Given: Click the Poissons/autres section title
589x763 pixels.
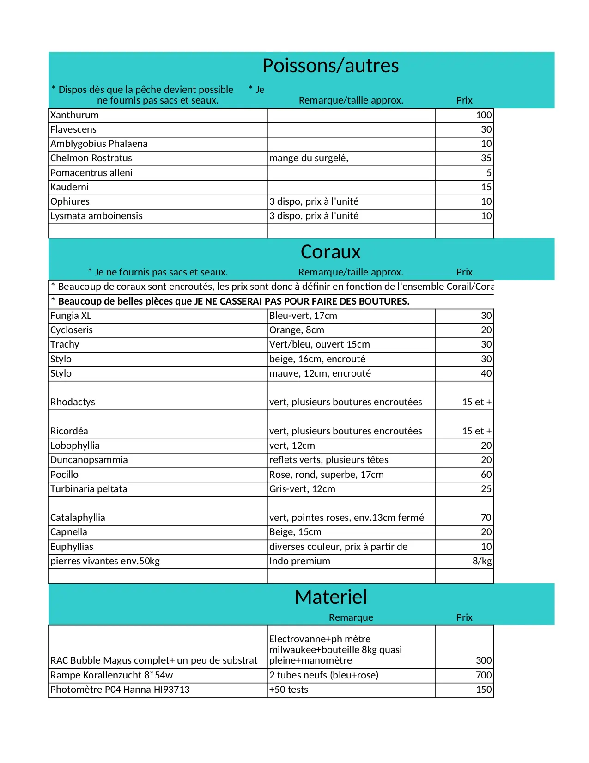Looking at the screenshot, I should [x=330, y=66].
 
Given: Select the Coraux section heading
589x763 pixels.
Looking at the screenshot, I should [x=330, y=252].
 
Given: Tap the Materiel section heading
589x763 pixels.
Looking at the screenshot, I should [x=331, y=597].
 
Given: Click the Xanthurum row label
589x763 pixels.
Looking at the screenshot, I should [x=74, y=115].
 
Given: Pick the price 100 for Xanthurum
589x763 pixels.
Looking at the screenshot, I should [x=484, y=115].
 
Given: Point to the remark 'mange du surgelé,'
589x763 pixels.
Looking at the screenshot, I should [x=309, y=158].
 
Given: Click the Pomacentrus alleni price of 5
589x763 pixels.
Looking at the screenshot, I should [x=489, y=173].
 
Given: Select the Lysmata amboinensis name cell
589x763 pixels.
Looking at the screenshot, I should [x=97, y=216].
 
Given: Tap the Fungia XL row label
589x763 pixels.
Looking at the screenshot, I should [x=71, y=316].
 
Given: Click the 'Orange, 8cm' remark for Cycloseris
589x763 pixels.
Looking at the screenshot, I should [x=297, y=330].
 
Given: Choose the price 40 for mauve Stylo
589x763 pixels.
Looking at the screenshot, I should [x=486, y=373].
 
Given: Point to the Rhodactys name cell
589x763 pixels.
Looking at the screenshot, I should [x=73, y=402].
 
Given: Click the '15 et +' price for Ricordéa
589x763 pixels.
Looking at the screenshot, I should [x=477, y=431].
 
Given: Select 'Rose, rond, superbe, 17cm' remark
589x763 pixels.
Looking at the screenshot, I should [x=326, y=475].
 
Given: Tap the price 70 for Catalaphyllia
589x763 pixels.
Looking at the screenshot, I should [x=486, y=518].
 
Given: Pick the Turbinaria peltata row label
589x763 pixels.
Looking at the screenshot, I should [x=89, y=489].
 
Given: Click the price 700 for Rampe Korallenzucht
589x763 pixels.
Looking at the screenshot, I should [x=484, y=675].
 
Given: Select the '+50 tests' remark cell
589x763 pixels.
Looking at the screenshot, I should [x=289, y=690].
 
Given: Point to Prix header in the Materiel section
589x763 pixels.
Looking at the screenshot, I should [x=464, y=617].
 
